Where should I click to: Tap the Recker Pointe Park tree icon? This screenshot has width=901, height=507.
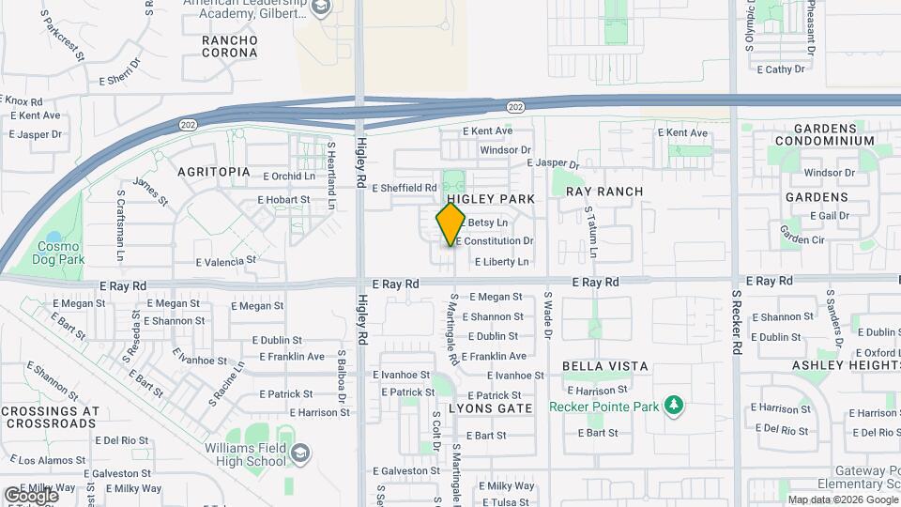click(673, 406)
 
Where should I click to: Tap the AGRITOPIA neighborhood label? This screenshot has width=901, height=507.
click(215, 172)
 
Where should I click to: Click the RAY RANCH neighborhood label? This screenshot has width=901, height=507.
click(604, 192)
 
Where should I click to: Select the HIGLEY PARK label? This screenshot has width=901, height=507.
click(491, 199)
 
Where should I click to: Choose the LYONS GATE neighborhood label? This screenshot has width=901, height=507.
click(490, 408)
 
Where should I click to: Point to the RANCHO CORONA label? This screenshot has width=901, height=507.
click(229, 46)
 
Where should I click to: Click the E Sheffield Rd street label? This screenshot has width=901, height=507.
click(405, 188)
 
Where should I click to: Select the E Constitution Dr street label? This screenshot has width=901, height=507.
click(494, 241)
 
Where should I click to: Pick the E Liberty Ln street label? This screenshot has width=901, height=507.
click(501, 262)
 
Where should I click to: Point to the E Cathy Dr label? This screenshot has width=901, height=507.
click(780, 69)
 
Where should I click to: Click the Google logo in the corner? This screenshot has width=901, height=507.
click(31, 495)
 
